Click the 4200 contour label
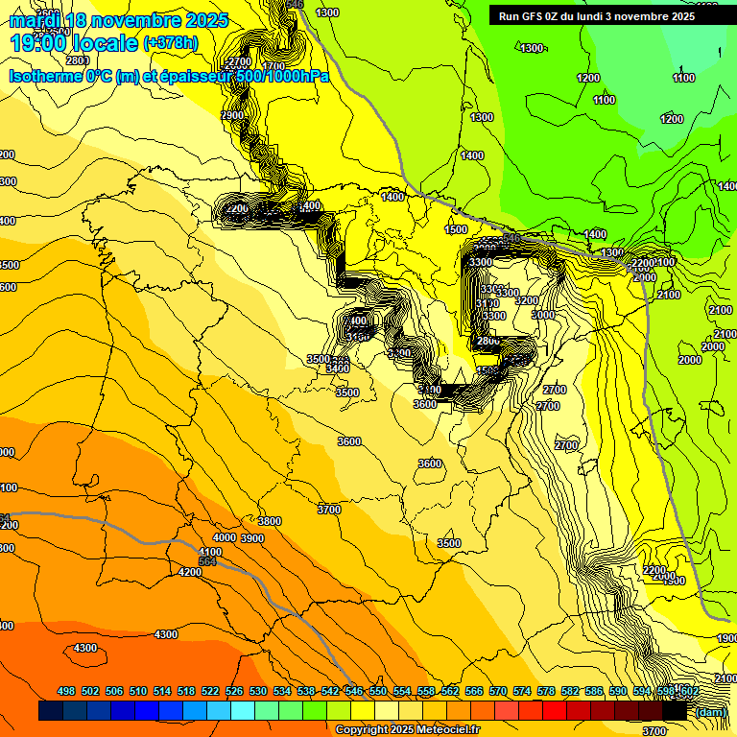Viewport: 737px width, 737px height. [190, 572]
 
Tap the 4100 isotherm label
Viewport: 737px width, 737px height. [210, 552]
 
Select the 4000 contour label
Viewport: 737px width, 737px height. [225, 537]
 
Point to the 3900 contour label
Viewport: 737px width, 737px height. [252, 538]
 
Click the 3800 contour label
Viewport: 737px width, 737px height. [270, 521]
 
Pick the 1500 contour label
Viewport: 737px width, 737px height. [456, 229]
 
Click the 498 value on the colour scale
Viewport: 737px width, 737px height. [66, 691]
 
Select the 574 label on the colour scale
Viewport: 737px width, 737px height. [522, 691]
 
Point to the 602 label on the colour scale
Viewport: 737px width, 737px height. [689, 691]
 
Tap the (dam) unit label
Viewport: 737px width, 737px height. [709, 711]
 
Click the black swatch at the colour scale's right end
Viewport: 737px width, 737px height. [675, 711]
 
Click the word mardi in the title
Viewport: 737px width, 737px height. [37, 20]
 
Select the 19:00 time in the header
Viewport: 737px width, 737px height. [39, 42]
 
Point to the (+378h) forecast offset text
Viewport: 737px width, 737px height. [170, 43]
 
